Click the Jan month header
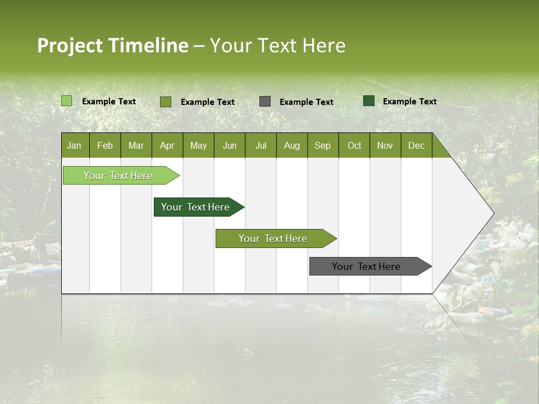coord(74,145)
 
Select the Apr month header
coord(167,145)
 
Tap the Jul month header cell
coord(261,145)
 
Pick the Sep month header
coord(322,145)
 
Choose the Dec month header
coord(416,145)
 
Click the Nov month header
coord(385,145)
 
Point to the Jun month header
coord(229,145)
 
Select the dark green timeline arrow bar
coord(197,207)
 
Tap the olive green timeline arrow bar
coord(274,238)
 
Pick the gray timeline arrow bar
coord(368,267)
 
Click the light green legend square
coord(66,101)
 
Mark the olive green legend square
coord(165,102)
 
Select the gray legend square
coord(265,101)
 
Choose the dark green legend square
coord(369,101)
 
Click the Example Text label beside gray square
coord(306,102)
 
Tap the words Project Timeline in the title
coord(112,45)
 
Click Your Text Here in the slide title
coord(277,45)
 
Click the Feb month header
coord(104,145)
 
